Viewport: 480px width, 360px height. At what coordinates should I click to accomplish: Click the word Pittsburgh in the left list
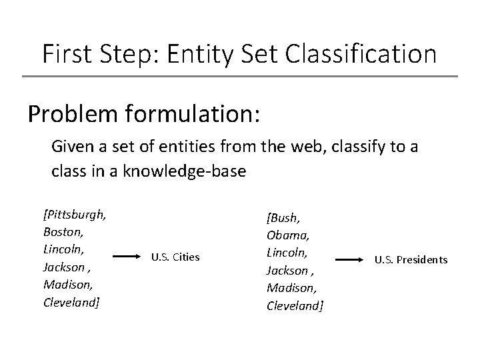click(77, 215)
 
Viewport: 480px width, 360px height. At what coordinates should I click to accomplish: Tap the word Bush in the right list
click(284, 219)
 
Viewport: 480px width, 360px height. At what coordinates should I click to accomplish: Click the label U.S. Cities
click(175, 257)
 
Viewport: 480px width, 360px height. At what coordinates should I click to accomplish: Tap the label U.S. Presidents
click(411, 259)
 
